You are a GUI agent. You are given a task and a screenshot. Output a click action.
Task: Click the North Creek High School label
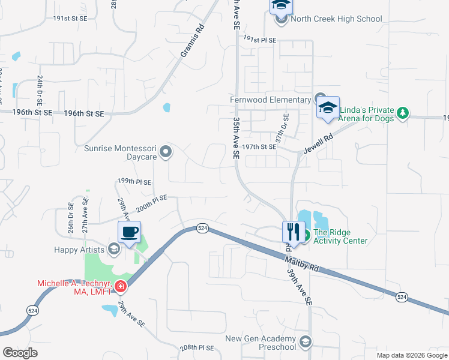[x=336, y=19]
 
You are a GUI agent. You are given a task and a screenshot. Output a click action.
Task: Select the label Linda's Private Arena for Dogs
[x=367, y=114]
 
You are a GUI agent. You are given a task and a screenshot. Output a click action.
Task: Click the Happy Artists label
[x=77, y=249]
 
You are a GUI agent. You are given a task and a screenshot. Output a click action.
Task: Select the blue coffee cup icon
[x=129, y=232]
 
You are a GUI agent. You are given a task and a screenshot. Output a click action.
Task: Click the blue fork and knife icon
[x=293, y=231]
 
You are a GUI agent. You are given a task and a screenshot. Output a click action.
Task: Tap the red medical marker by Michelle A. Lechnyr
[x=121, y=286]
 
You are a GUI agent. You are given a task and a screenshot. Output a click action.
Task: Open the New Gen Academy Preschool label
[x=261, y=343]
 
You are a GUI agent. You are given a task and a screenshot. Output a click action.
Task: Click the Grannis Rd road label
[x=193, y=41]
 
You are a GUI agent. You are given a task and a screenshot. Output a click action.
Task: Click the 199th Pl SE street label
[x=134, y=181]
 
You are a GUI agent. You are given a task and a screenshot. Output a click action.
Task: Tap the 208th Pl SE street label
[x=197, y=348]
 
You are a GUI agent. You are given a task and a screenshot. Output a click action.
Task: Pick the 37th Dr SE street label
[x=279, y=128]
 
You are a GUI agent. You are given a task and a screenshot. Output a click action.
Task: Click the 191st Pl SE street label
[x=260, y=40]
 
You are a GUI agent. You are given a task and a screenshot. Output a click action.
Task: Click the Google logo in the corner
[x=20, y=353]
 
